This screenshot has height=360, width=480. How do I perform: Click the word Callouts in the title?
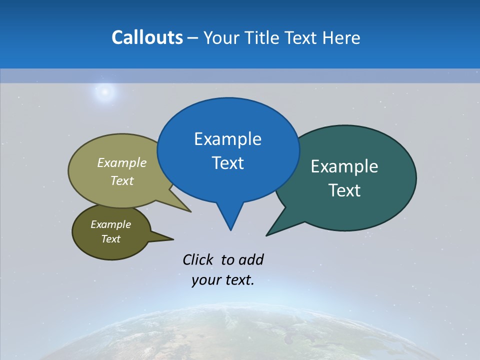pos(147,37)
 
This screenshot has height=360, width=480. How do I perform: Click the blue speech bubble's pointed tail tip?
pos(230,229)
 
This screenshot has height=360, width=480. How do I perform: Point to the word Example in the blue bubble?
pos(227,139)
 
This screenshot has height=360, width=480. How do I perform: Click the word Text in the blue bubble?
pos(227,163)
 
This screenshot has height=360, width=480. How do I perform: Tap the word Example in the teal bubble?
pos(344,166)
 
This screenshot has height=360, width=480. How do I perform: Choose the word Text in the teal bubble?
pos(344,190)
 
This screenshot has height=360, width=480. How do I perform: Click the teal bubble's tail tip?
pos(267,235)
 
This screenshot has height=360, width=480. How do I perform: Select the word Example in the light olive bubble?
pos(122,163)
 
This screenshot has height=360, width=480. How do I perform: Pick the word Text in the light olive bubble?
pos(122,180)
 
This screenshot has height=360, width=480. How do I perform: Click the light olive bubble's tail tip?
pos(190,211)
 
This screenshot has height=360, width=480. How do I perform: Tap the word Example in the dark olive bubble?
pos(110,224)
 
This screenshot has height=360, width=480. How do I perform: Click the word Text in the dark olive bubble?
pos(110,239)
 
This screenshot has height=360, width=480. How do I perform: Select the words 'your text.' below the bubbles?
pos(222,280)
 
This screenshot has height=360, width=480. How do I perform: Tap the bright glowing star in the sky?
pos(104,91)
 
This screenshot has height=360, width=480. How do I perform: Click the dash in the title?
pos(193,38)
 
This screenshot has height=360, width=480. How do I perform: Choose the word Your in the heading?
pos(221,37)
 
